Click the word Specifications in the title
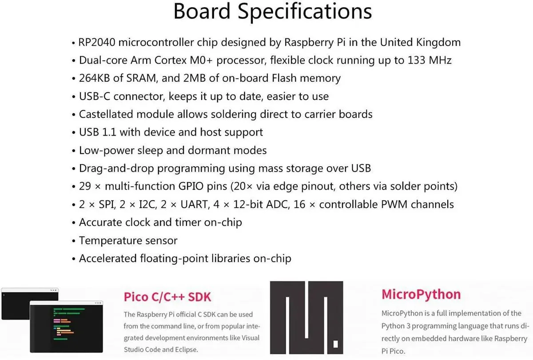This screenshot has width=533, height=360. point(305,12)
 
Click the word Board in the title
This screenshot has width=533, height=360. point(202,11)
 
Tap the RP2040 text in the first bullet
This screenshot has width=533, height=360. point(97,42)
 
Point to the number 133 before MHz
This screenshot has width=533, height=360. point(417,60)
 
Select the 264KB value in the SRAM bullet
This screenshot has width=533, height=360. point(95,78)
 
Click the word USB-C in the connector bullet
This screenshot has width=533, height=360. point(95,96)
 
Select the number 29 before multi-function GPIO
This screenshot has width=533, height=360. point(85,186)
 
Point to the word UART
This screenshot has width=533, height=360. point(194,204)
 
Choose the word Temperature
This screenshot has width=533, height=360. point(111,241)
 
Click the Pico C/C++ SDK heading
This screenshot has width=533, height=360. point(167,297)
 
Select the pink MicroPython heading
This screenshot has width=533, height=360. point(421,294)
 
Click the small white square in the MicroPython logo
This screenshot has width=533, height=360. point(335,344)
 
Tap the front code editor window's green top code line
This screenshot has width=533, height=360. point(69,309)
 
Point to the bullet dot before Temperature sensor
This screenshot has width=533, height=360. point(74,241)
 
